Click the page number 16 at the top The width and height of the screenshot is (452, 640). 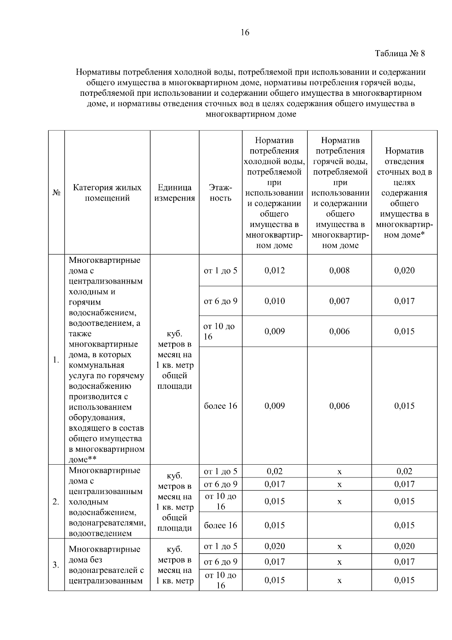(245, 32)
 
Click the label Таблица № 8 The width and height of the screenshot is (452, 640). (400, 54)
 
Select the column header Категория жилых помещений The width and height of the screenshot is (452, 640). (107, 193)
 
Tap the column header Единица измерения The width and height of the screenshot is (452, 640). (174, 193)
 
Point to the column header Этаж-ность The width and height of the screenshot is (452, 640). (220, 193)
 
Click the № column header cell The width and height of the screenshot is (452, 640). (56, 193)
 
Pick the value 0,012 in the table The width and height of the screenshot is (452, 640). (275, 270)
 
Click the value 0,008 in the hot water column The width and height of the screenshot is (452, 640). (339, 270)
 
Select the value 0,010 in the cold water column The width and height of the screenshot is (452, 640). (275, 301)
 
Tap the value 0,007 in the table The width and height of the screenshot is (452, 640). (339, 301)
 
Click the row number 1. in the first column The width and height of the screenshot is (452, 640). (56, 360)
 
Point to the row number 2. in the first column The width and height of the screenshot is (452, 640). (56, 502)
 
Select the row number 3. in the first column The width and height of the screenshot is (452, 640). (56, 565)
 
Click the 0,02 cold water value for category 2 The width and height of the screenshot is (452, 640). (275, 471)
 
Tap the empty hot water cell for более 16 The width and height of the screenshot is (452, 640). (339, 525)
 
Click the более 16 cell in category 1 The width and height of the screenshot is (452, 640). (220, 406)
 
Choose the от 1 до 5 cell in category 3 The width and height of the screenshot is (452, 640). (220, 546)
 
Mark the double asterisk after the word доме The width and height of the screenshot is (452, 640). (92, 459)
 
